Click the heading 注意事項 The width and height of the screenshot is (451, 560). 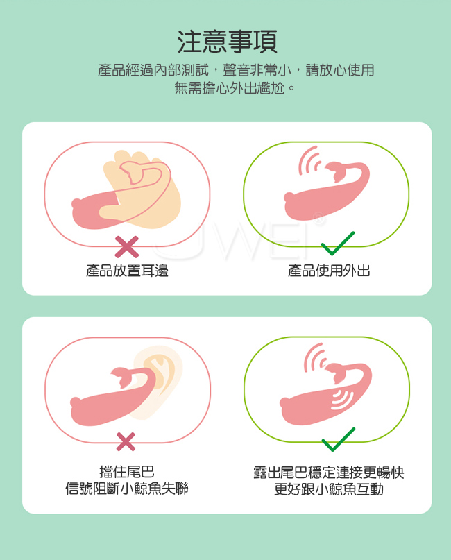pyautogui.click(x=227, y=42)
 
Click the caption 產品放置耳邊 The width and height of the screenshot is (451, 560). pyautogui.click(x=127, y=271)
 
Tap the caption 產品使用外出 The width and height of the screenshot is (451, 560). pyautogui.click(x=329, y=271)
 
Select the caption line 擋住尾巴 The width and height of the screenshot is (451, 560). pyautogui.click(x=127, y=472)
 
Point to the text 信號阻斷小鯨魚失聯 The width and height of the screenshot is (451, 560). pyautogui.click(x=127, y=489)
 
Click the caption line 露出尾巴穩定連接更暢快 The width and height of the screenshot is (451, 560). pyautogui.click(x=328, y=472)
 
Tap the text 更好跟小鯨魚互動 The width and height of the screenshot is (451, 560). pyautogui.click(x=328, y=489)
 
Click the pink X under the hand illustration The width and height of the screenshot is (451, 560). pyautogui.click(x=127, y=247)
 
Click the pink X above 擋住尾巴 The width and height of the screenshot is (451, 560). pyautogui.click(x=126, y=441)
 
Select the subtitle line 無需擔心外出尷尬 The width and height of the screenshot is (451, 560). pyautogui.click(x=235, y=88)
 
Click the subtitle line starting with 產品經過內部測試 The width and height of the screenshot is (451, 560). pyautogui.click(x=236, y=70)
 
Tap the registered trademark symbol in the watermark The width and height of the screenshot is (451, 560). pyautogui.click(x=318, y=219)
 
